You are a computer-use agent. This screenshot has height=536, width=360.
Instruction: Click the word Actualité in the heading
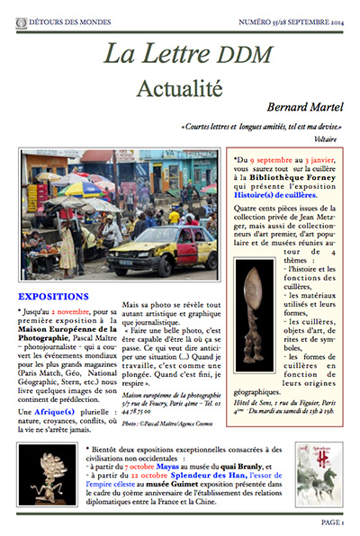(179, 86)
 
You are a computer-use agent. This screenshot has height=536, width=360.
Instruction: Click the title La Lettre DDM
(180, 54)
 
